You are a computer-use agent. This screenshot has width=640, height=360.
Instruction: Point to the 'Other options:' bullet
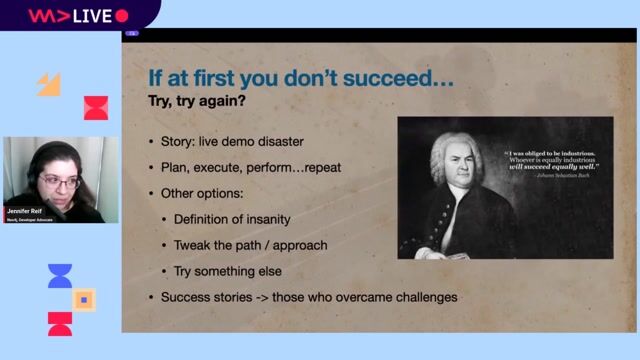[202, 192]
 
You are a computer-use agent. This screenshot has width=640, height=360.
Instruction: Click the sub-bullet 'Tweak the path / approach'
[249, 245]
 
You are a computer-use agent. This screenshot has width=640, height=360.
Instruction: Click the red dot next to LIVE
[122, 15]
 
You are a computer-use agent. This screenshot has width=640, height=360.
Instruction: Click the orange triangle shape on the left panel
[49, 85]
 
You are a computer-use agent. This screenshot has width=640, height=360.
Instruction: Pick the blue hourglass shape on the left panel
[60, 276]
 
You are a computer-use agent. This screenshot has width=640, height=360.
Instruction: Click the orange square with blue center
[85, 298]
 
